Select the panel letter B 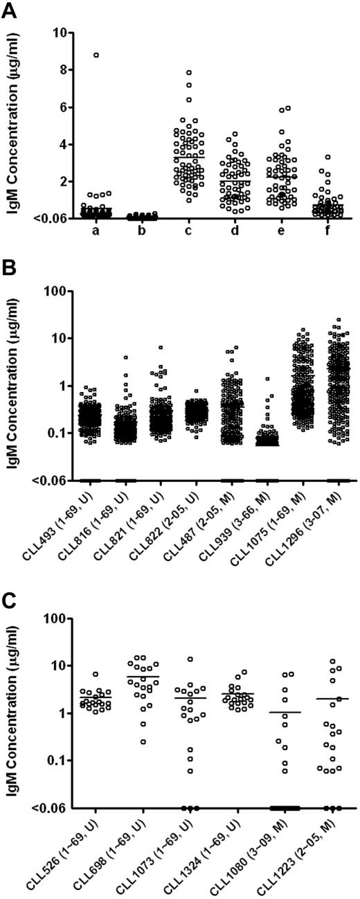[9, 267]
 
